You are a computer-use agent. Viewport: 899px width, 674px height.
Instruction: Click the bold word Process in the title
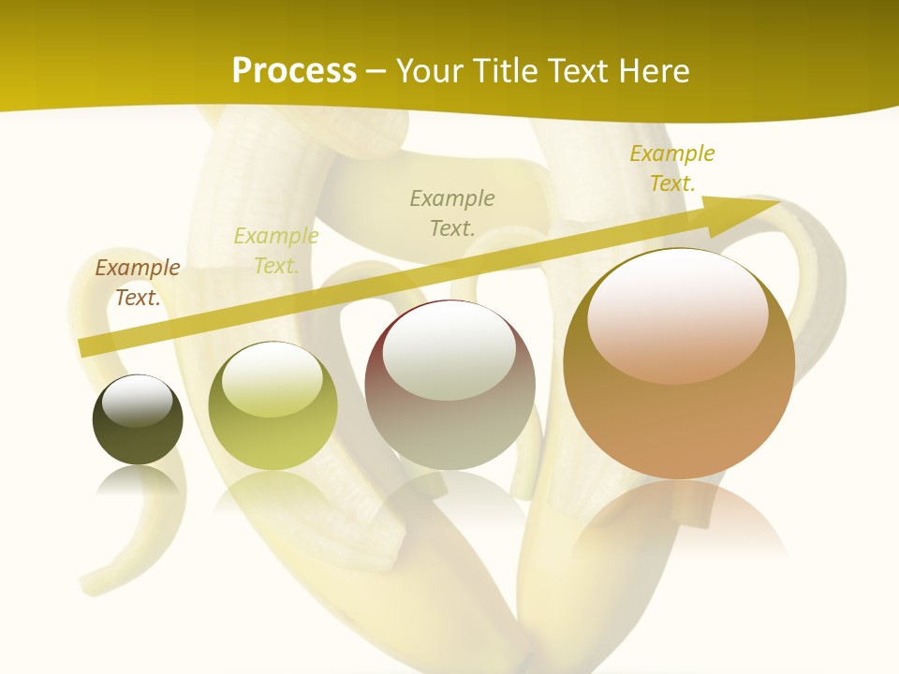pos(294,71)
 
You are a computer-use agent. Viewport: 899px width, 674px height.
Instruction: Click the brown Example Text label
pos(137,283)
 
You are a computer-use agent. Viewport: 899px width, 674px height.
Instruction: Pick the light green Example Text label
pos(275,251)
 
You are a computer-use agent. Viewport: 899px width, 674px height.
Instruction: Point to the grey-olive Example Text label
pos(452,212)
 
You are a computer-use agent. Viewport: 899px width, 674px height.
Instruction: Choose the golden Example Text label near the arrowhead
pos(671,168)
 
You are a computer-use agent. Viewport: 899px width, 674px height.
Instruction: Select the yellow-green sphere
pos(273,421)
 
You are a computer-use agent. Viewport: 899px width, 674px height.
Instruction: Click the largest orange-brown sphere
pos(679,412)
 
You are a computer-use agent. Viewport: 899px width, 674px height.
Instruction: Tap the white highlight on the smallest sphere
pos(137,398)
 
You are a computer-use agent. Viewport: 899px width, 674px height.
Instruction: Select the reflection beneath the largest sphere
pos(679,520)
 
